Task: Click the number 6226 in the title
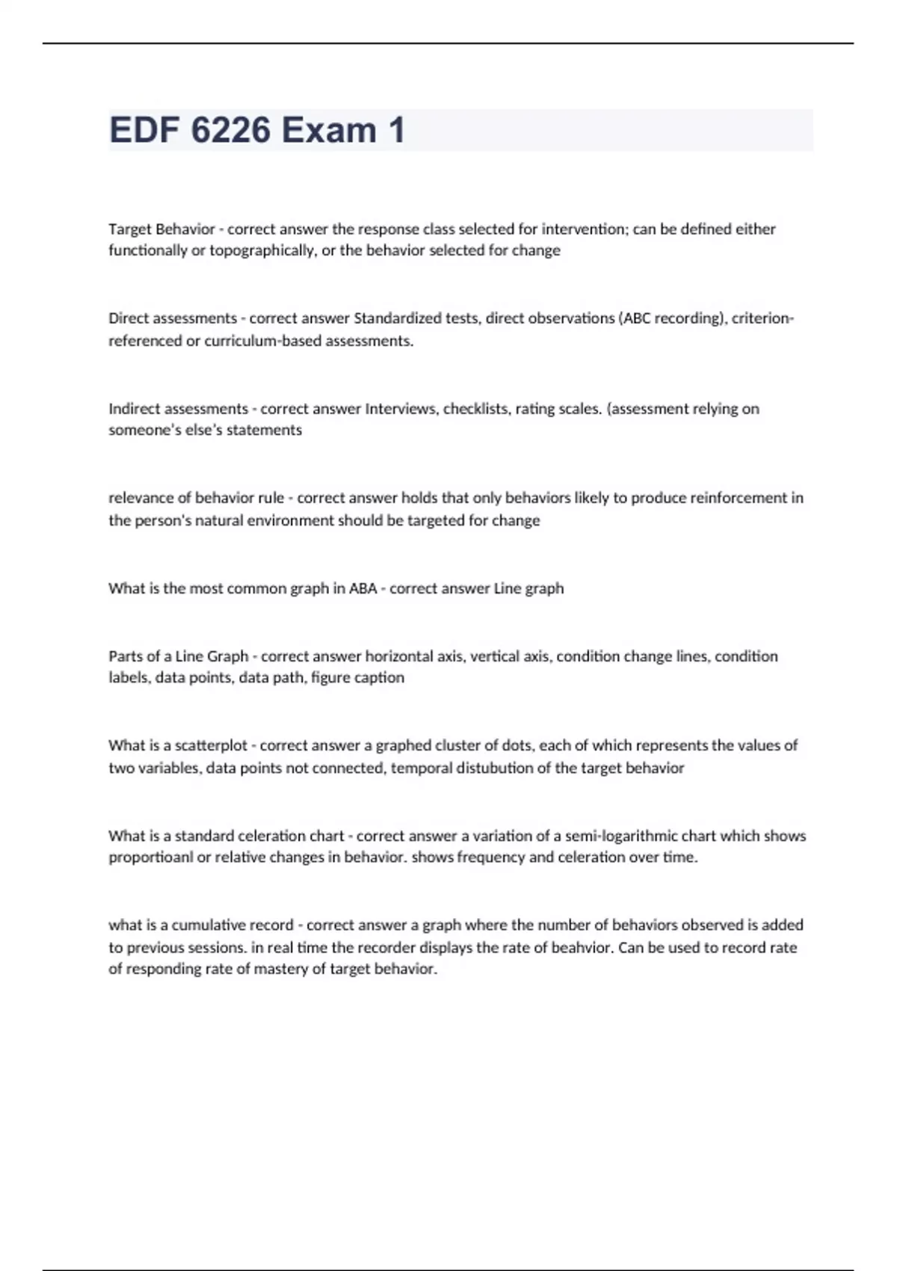point(230,130)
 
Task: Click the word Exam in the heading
point(330,130)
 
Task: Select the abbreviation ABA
point(363,588)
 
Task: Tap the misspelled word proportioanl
point(150,858)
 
